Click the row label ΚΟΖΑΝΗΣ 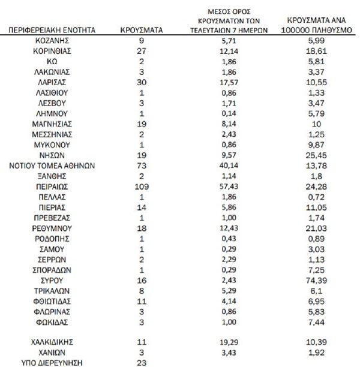point(52,41)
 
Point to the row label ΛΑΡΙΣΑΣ point(52,82)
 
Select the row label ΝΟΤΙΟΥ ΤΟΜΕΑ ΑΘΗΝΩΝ point(52,166)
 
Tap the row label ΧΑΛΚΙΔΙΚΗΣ point(52,342)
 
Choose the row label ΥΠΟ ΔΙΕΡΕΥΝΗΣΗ point(52,362)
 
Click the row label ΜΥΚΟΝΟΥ point(52,145)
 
